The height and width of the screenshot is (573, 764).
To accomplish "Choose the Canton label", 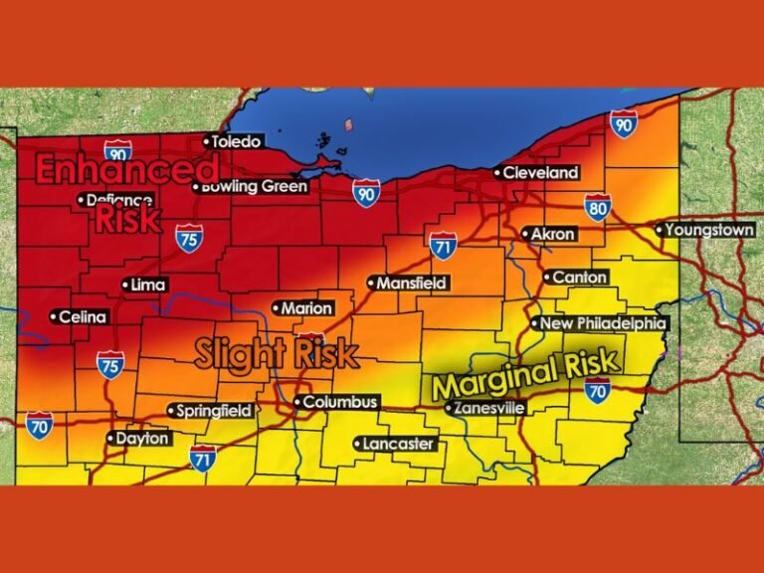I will (577, 277).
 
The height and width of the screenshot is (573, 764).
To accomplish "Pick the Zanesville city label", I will (486, 407).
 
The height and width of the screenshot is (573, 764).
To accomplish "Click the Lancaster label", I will (396, 443).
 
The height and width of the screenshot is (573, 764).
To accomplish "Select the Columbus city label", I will (338, 402).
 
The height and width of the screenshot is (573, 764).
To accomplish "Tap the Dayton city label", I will (140, 438).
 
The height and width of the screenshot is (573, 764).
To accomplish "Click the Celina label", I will (81, 317).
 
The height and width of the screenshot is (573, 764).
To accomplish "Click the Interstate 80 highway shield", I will (597, 207).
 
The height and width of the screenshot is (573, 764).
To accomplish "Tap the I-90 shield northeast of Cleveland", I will (624, 124).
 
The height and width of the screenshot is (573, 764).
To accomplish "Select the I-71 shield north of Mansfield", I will (444, 244).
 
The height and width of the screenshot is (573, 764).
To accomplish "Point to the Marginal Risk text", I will (525, 373).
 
